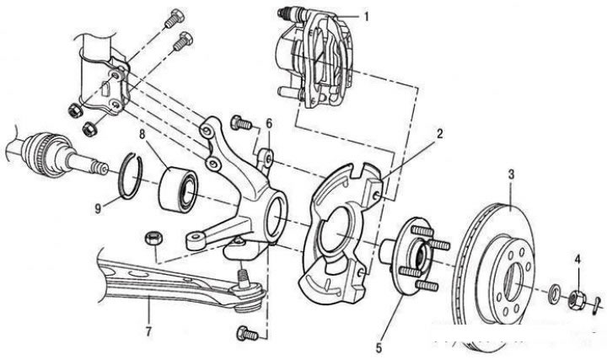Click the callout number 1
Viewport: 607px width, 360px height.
366,16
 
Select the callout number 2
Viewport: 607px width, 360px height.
439,133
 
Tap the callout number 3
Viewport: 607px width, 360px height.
510,175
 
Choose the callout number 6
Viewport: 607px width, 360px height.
269,123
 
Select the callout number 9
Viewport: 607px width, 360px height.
98,207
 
